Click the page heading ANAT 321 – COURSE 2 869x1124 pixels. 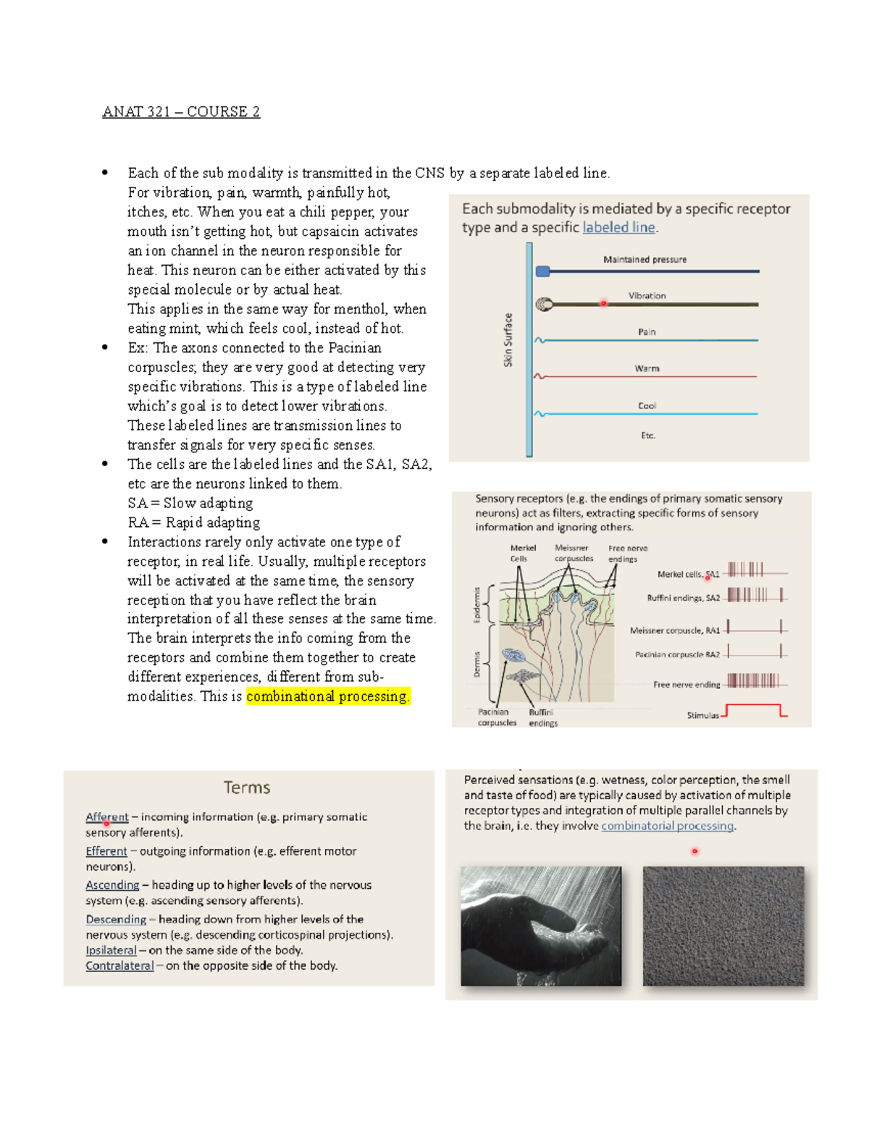point(181,111)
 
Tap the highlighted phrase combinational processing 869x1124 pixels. point(328,696)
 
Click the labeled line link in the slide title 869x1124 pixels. point(618,227)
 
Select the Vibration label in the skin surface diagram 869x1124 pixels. point(647,295)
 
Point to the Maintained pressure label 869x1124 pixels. point(645,259)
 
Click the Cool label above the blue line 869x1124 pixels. point(647,405)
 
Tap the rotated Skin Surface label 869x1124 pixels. point(508,340)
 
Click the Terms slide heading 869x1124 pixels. point(247,787)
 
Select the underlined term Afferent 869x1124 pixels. point(106,816)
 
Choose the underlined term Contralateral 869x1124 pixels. point(119,965)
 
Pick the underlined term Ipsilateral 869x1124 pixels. point(111,950)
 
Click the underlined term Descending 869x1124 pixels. point(116,919)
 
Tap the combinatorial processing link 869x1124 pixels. point(667,826)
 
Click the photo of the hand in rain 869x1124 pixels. point(541,926)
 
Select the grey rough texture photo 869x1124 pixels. point(723,926)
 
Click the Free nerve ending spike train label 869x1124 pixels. point(686,684)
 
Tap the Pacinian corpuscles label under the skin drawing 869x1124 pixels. point(497,717)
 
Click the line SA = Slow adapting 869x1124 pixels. point(190,503)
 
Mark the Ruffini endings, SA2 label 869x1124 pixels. point(683,598)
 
